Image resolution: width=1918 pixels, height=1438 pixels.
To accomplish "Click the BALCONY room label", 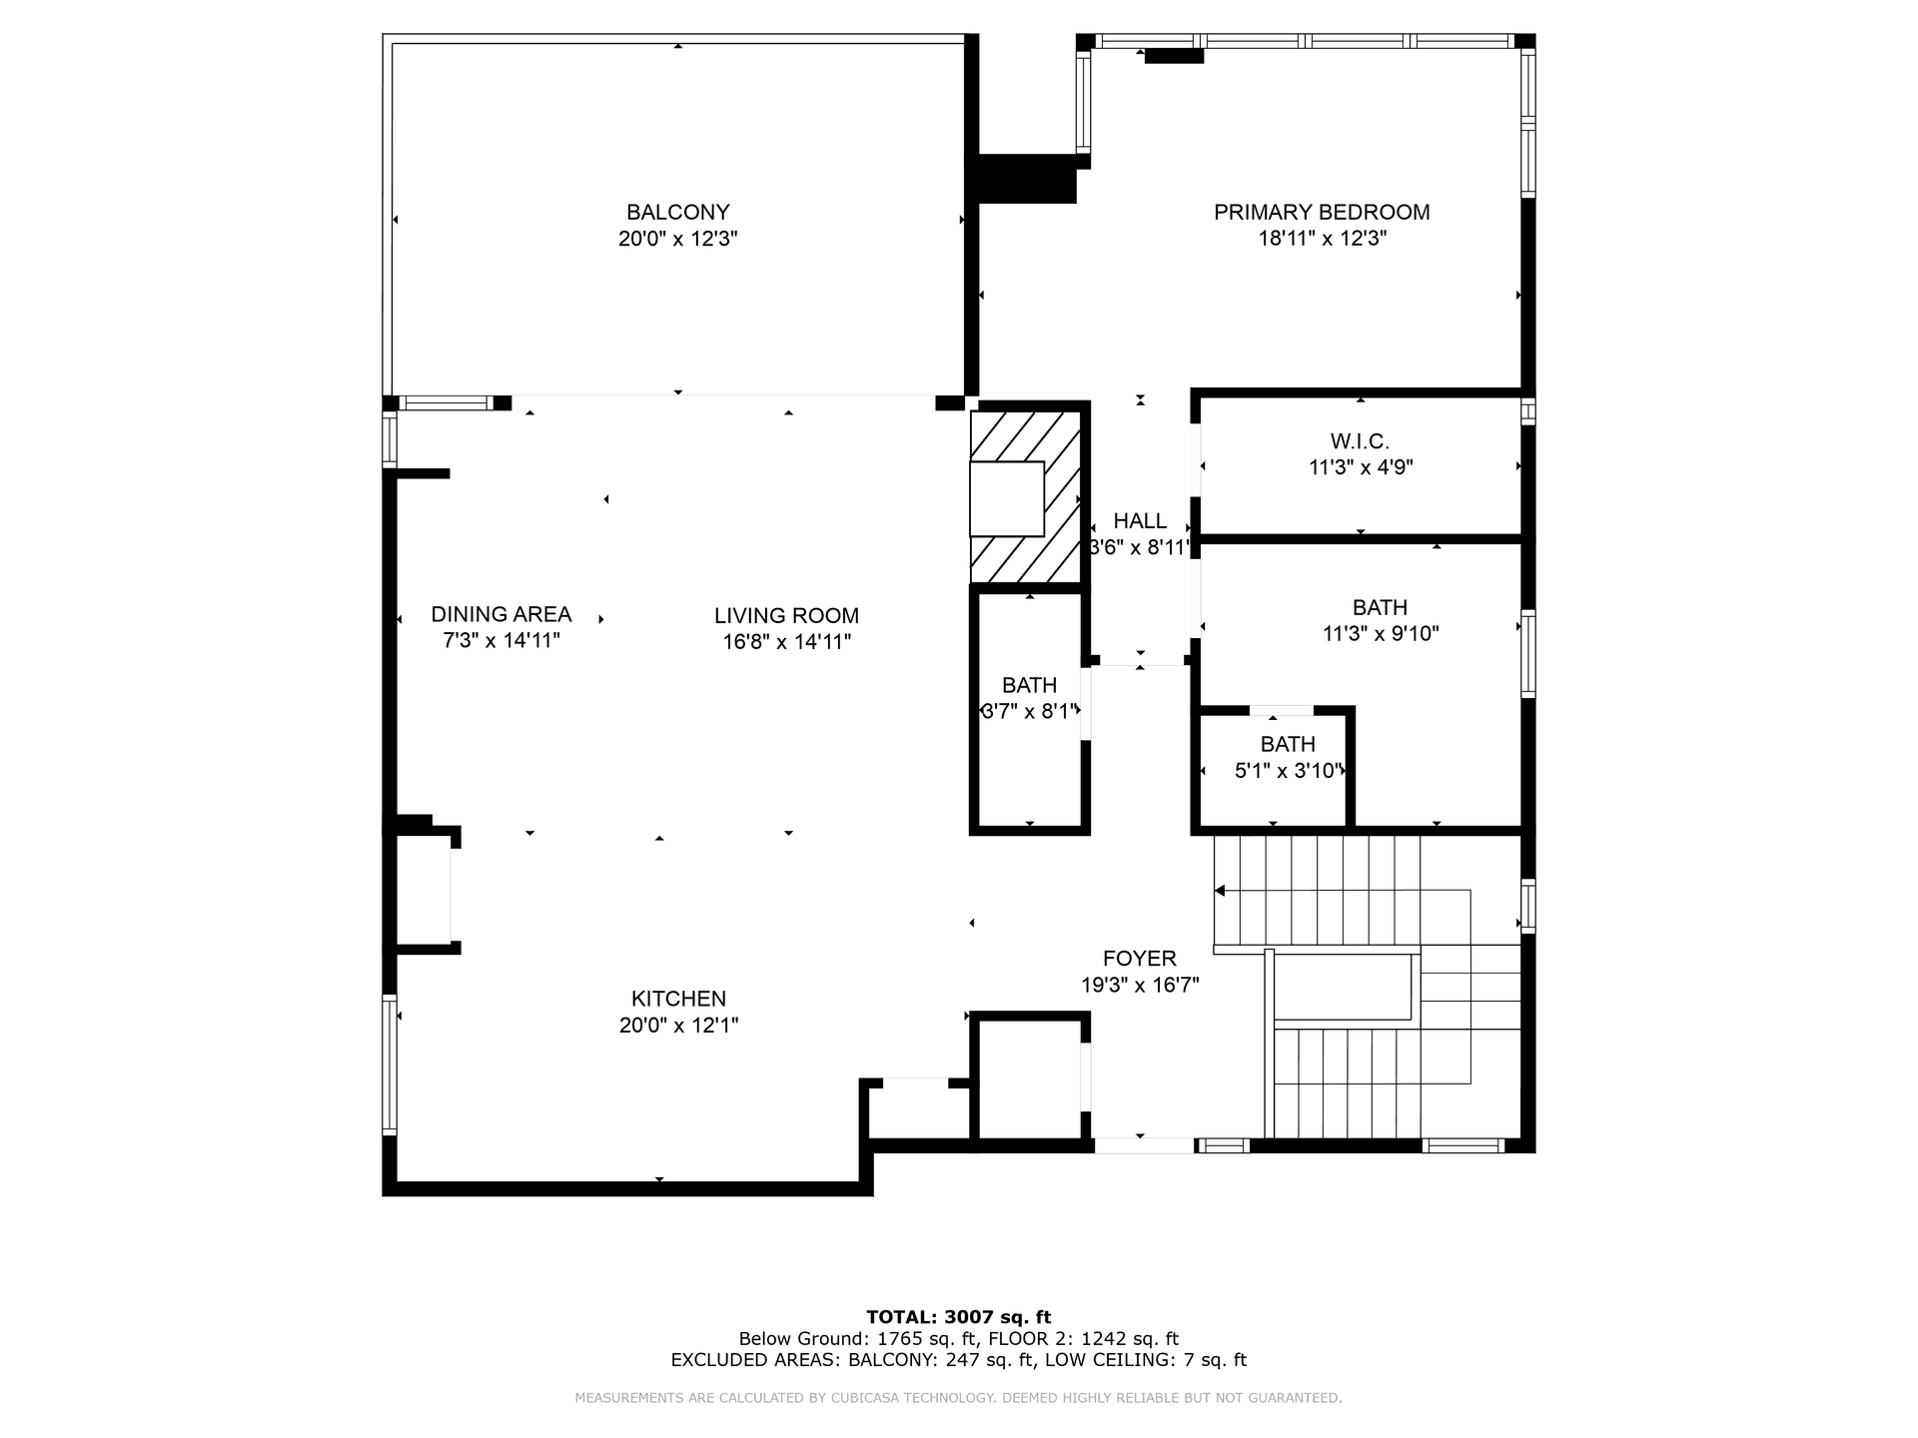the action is pos(678,212).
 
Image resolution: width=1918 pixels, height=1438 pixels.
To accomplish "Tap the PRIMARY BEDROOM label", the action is pos(1322,212).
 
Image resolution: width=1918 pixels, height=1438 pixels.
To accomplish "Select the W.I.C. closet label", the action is pos(1360,440).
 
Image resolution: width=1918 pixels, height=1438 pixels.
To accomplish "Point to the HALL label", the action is pos(1140,520).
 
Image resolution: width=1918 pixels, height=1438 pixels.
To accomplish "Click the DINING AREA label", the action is pos(501,614).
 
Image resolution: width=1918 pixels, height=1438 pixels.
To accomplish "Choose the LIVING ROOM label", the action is pos(787,616).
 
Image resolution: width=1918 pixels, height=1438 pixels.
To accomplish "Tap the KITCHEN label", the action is pos(679,999).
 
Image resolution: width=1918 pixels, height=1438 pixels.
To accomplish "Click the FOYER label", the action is pos(1140,959).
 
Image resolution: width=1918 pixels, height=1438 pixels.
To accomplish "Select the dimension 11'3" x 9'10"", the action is pos(1381,633).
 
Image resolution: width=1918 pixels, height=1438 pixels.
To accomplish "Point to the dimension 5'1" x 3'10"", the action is pos(1289,770).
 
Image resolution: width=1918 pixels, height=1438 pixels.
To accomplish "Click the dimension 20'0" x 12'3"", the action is pos(678,239).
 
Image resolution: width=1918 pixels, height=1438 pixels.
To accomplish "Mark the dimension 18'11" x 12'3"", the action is pos(1323,239).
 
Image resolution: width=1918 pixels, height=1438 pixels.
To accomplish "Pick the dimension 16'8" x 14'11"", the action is pos(787,642).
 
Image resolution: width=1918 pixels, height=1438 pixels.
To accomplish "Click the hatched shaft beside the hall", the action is pos(1026,496).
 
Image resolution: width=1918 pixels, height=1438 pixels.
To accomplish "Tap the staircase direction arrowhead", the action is pos(1220,890).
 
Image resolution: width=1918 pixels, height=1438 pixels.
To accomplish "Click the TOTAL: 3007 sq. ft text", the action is pos(959,1317).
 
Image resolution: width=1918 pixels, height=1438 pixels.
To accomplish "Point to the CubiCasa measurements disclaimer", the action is pos(959,1398).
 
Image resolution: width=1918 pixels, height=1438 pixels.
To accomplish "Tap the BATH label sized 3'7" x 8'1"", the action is pos(1030,685).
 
